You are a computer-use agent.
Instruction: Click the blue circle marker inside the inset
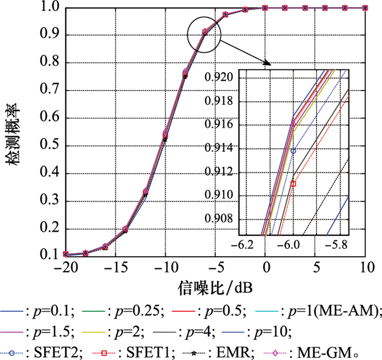293,151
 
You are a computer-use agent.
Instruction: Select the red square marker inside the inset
293,184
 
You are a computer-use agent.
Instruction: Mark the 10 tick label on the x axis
365,269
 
